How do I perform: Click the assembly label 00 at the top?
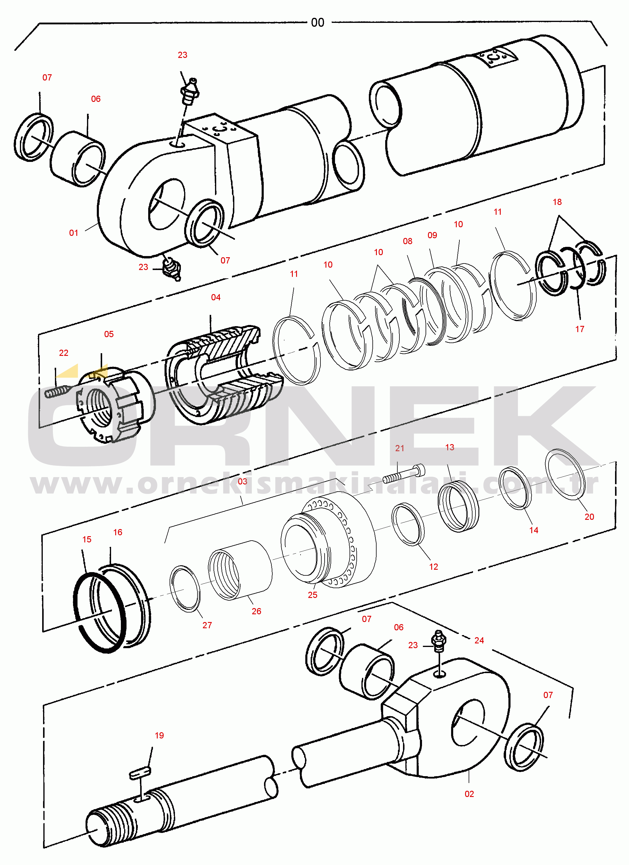317,23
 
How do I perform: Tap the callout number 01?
74,233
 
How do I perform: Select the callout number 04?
216,297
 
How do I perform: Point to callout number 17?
579,329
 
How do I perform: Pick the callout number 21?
399,448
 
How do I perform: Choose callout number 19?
159,735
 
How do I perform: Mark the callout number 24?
479,640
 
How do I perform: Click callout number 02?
469,794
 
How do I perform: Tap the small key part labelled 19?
140,772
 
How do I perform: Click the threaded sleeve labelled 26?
240,570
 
